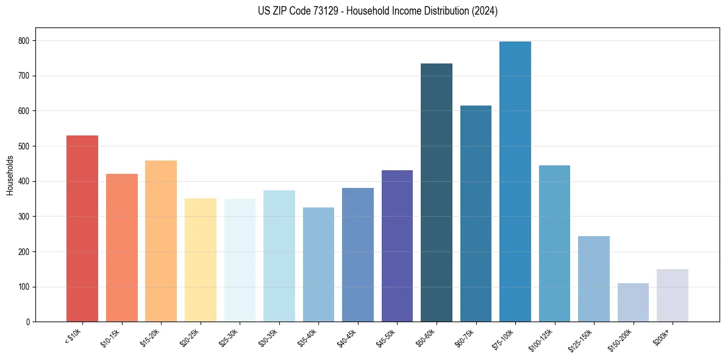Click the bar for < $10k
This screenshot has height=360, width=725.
click(x=82, y=229)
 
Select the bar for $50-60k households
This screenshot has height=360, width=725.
click(x=437, y=193)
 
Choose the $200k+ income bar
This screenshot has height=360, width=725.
click(x=673, y=295)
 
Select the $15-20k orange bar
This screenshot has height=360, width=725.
click(x=161, y=241)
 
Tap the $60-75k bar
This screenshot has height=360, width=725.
click(x=476, y=214)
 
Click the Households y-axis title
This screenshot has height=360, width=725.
click(x=10, y=175)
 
